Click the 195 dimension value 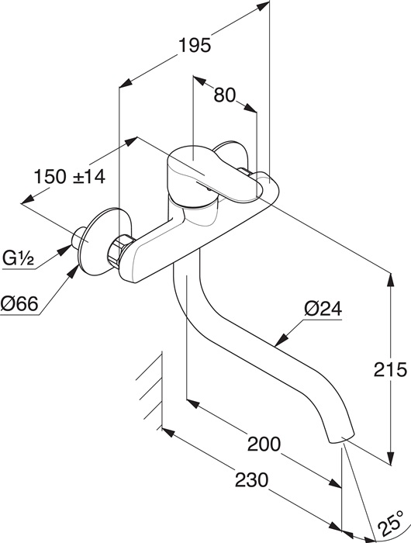[x=195, y=45]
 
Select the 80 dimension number [x=224, y=95]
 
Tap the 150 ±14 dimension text [x=70, y=177]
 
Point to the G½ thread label [x=19, y=258]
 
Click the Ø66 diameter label [x=19, y=304]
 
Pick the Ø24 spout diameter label [x=323, y=309]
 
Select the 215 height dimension [x=390, y=369]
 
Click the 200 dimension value [x=264, y=444]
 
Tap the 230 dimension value [x=252, y=480]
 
